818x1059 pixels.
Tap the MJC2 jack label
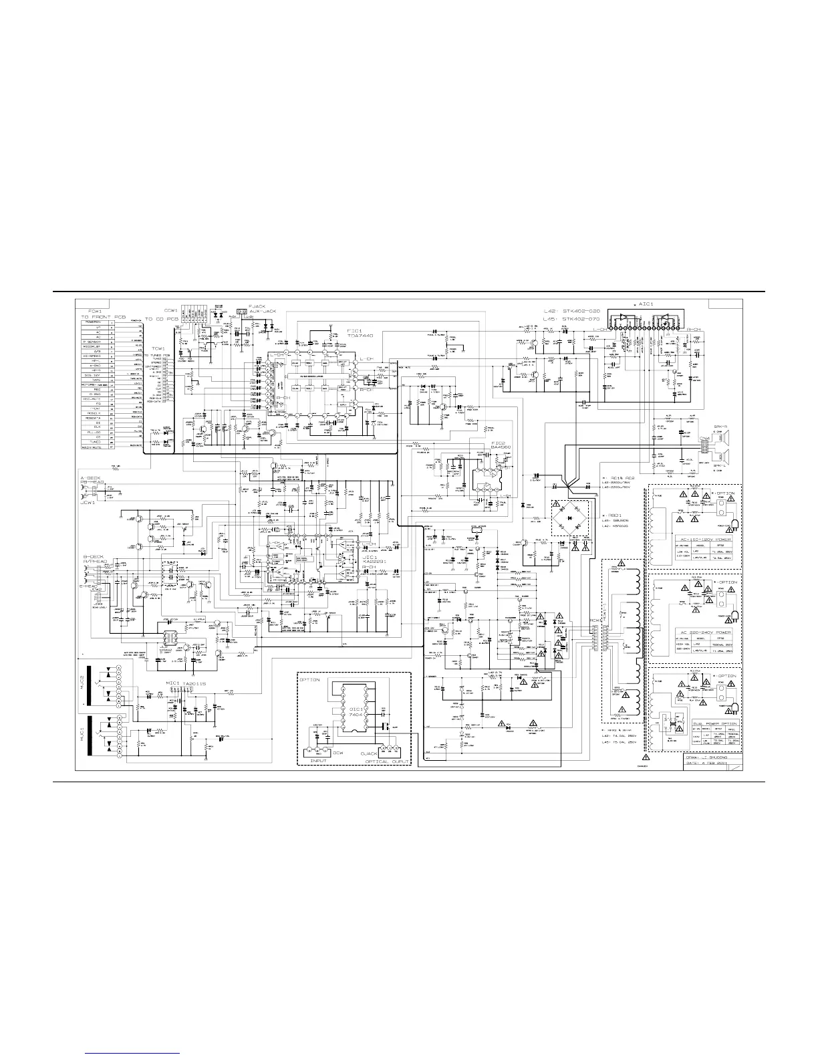coord(84,681)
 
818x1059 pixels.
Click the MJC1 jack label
coord(84,735)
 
